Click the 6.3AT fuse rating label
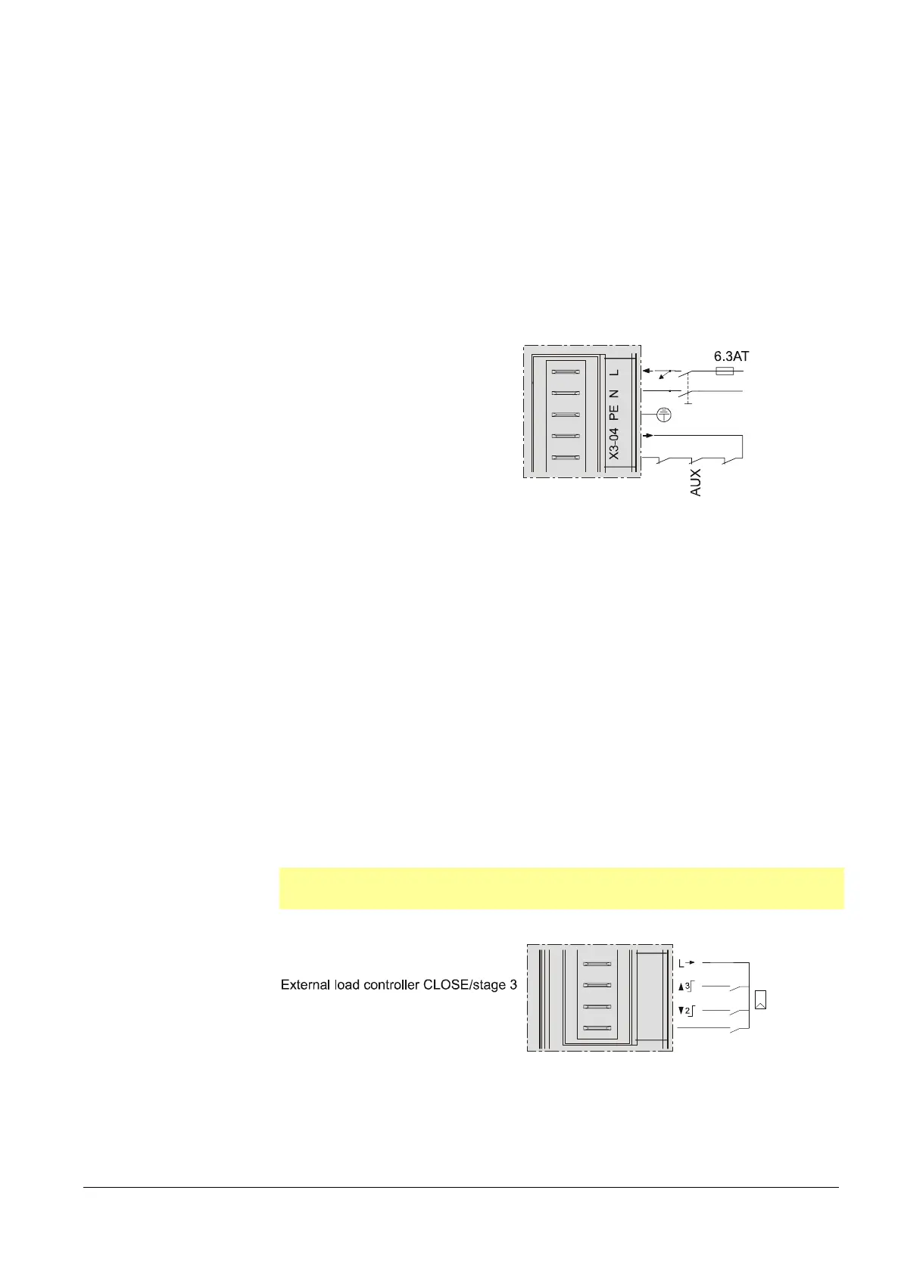coord(731,356)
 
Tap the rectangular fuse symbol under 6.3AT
coord(724,371)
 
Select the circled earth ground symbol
coord(663,415)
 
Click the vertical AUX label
coord(696,483)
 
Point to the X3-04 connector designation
coord(615,444)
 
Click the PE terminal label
coord(615,412)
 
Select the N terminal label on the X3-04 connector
coord(615,393)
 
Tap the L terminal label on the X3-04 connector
coord(615,372)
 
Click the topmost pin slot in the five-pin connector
coord(566,372)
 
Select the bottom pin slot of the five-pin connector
coord(566,458)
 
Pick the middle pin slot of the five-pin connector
coord(566,415)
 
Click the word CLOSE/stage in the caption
coord(469,985)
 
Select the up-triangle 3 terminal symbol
coord(685,987)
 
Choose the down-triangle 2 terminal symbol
coord(685,1011)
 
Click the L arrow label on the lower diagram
coord(686,963)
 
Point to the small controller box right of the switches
coord(761,999)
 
